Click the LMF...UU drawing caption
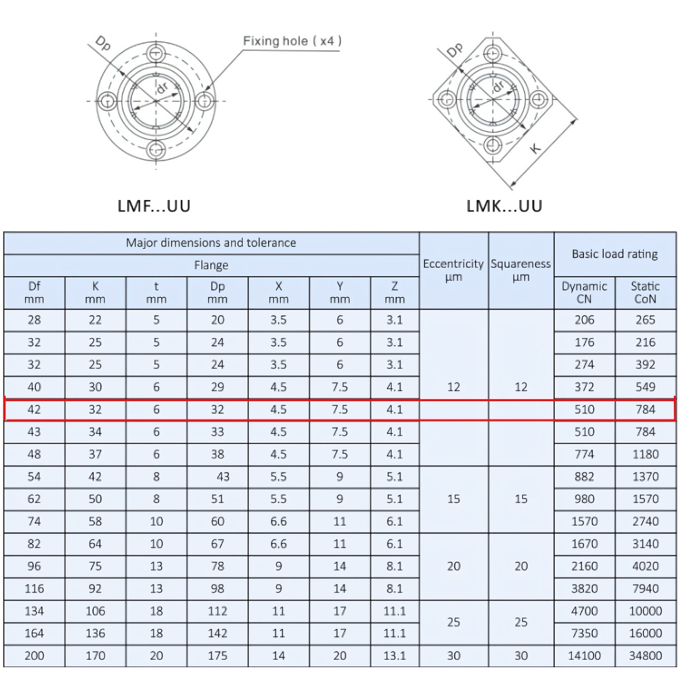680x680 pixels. (154, 205)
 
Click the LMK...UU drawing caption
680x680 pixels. (505, 205)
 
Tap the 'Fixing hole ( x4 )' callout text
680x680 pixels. (292, 41)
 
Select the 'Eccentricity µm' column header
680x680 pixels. (454, 270)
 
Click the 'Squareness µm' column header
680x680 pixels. (521, 270)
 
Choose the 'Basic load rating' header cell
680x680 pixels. (615, 254)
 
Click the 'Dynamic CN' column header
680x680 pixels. (584, 292)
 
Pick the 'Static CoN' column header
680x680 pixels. (645, 292)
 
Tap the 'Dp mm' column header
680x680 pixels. (218, 292)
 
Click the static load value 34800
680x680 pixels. (645, 656)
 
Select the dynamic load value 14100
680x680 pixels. (584, 656)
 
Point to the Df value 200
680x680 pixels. (34, 656)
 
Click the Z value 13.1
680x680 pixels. (394, 656)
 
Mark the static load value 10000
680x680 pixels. (645, 611)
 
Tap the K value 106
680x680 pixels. (95, 611)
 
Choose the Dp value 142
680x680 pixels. (218, 633)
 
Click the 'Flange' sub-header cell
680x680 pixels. (211, 265)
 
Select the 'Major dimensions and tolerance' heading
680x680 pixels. (211, 243)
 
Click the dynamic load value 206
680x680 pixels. (584, 320)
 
